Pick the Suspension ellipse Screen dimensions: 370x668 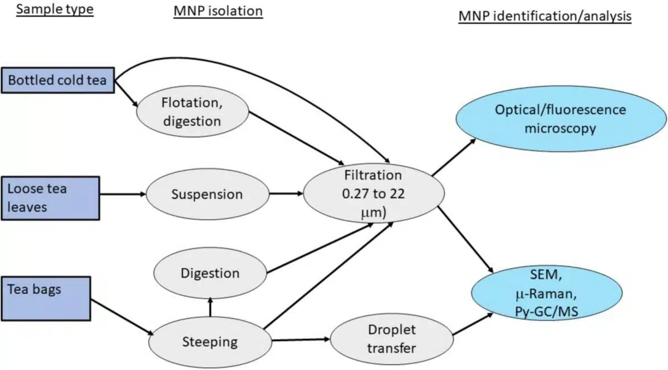tap(207, 194)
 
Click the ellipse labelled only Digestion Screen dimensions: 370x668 tap(210, 273)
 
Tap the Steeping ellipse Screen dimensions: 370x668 tap(210, 341)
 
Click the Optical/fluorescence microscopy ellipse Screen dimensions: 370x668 tap(560, 119)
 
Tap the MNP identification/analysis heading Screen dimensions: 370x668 tap(545, 16)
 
